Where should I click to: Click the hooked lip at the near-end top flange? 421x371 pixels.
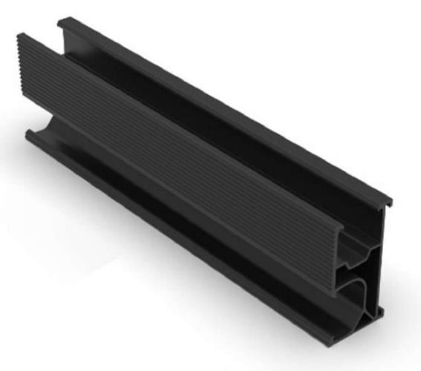387,202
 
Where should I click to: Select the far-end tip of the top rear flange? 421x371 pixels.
61,20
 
